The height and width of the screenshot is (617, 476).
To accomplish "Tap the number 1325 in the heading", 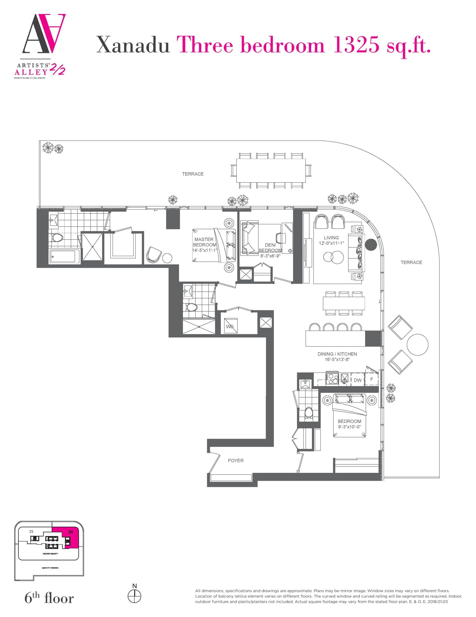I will pos(356,45).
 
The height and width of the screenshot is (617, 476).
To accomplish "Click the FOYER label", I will pos(236,461).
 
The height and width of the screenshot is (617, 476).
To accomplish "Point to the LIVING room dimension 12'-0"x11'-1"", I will pos(331,243).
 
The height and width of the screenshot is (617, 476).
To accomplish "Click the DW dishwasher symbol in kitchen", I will pos(358,380).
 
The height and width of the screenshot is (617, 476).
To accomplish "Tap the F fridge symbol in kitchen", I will pos(372,379).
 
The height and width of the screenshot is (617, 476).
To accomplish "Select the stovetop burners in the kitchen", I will pos(332,379).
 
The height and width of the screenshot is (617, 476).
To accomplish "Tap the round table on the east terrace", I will pos(417,345).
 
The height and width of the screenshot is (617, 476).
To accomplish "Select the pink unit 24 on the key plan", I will pos(70,540).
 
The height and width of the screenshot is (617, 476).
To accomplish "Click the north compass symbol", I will pos(135,597).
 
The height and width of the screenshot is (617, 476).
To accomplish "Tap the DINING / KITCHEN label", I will pos(337,354).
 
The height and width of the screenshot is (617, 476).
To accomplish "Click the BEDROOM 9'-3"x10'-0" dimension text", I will pos(349,427).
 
